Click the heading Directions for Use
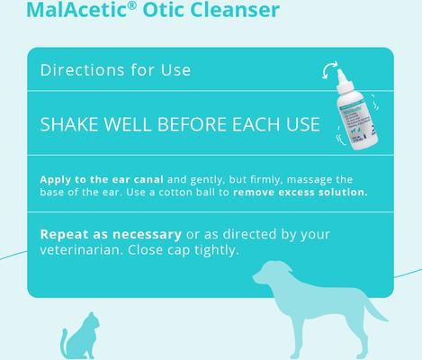(x=115, y=69)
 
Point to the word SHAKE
(x=71, y=123)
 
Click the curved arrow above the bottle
(x=331, y=73)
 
